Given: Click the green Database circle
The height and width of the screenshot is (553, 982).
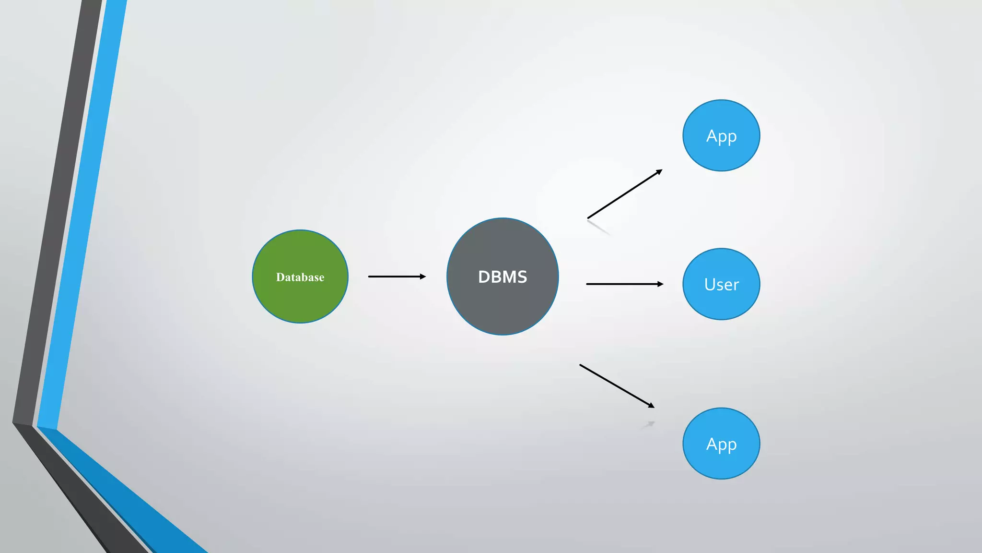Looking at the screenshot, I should [x=300, y=298].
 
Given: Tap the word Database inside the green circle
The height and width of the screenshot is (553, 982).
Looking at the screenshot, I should [x=300, y=277].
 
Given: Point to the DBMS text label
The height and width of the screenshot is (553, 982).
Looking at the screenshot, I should [x=503, y=277].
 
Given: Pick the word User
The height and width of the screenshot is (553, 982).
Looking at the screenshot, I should [x=721, y=285].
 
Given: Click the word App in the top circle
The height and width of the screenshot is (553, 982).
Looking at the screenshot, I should [x=721, y=137].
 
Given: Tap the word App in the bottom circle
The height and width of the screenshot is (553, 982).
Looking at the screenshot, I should [x=721, y=445].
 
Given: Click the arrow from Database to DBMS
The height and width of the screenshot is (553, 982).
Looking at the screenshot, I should [x=393, y=276].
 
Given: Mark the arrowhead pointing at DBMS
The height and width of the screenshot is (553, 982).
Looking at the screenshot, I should [x=422, y=276].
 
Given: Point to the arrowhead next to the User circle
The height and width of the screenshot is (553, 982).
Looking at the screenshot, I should [x=660, y=284].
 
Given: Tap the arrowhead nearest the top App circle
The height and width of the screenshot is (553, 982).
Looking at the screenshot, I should [x=659, y=172].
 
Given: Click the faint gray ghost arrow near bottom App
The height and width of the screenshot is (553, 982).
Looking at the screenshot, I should [x=648, y=425].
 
